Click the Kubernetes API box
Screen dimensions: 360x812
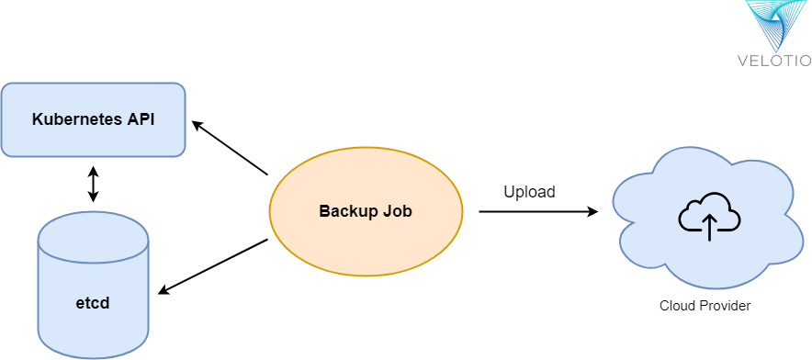(x=93, y=119)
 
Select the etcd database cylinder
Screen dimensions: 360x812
(x=93, y=285)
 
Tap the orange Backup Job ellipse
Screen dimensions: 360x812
(x=366, y=211)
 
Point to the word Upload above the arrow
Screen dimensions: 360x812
(x=529, y=192)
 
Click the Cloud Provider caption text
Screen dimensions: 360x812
(x=705, y=306)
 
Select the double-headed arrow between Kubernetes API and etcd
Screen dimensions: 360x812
(x=92, y=184)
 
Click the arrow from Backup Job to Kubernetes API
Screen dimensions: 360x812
(x=230, y=148)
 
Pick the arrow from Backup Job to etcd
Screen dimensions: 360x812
(x=213, y=266)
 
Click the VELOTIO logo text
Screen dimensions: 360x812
(x=774, y=62)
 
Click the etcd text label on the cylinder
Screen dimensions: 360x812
(x=93, y=301)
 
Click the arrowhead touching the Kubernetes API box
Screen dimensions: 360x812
(x=196, y=126)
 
